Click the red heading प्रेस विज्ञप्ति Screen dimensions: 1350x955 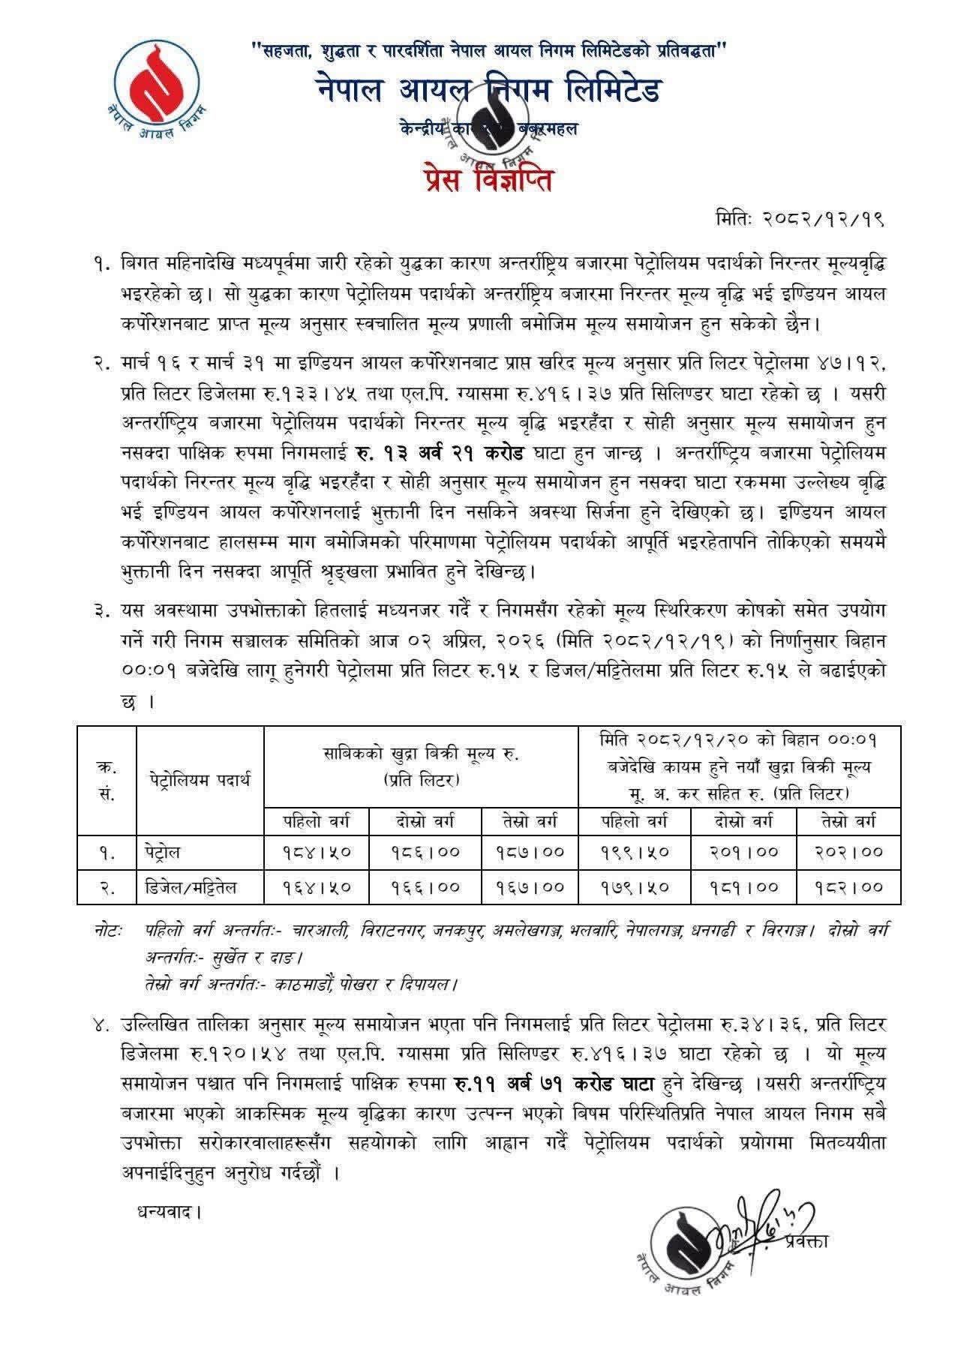pyautogui.click(x=478, y=179)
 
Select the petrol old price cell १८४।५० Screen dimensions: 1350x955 pyautogui.click(x=317, y=852)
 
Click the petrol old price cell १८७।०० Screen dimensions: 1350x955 pyautogui.click(x=529, y=852)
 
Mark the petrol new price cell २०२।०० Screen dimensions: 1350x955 pyautogui.click(x=848, y=852)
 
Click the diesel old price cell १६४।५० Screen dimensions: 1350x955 pyautogui.click(x=317, y=887)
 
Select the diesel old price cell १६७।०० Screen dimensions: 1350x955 pyautogui.click(x=529, y=887)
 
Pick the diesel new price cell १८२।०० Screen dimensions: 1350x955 pyautogui.click(x=848, y=887)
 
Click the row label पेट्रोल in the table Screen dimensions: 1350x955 pyautogui.click(x=164, y=852)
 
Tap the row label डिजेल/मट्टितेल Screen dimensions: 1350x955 pyautogui.click(x=191, y=887)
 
